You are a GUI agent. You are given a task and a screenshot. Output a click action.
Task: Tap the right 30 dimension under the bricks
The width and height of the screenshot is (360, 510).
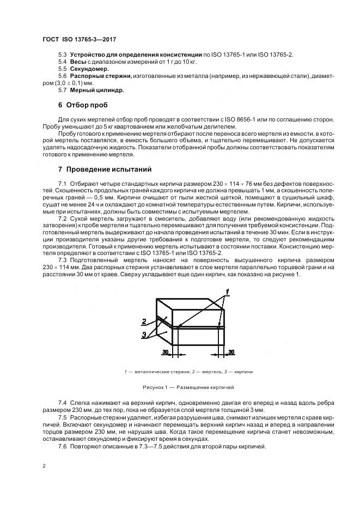(231, 353)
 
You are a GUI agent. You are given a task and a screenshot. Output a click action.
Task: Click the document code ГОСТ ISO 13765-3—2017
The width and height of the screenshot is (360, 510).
(79, 39)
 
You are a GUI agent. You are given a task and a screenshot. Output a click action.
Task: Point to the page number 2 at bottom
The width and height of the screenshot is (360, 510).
(44, 466)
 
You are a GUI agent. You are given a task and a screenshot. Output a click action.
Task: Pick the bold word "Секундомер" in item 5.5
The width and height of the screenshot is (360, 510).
(89, 69)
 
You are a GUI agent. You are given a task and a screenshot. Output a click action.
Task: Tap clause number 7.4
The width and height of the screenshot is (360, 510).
(62, 402)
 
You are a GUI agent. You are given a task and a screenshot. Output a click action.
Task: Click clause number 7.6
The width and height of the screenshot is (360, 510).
(62, 447)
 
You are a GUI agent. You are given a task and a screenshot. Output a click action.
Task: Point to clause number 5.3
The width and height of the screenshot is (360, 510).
(62, 56)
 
